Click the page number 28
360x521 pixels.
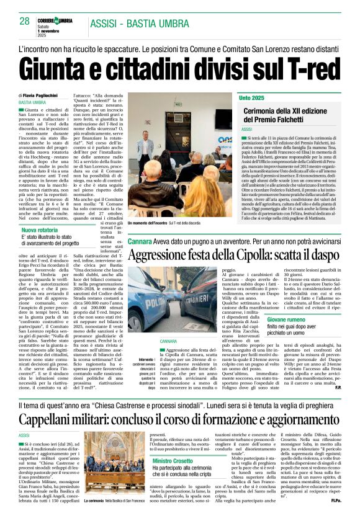coord(24,20)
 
